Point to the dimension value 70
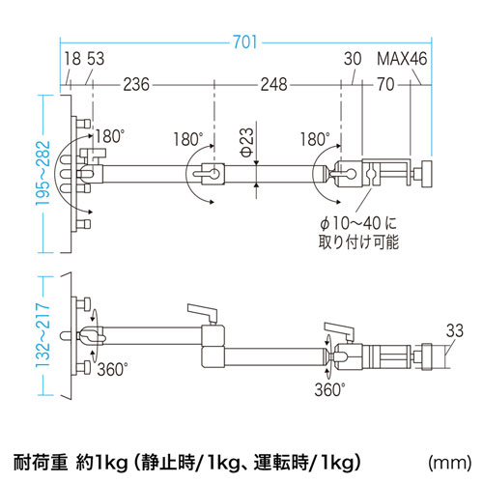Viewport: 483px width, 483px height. [386, 85]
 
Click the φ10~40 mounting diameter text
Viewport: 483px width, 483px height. [356, 220]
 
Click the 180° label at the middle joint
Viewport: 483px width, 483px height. [189, 138]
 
